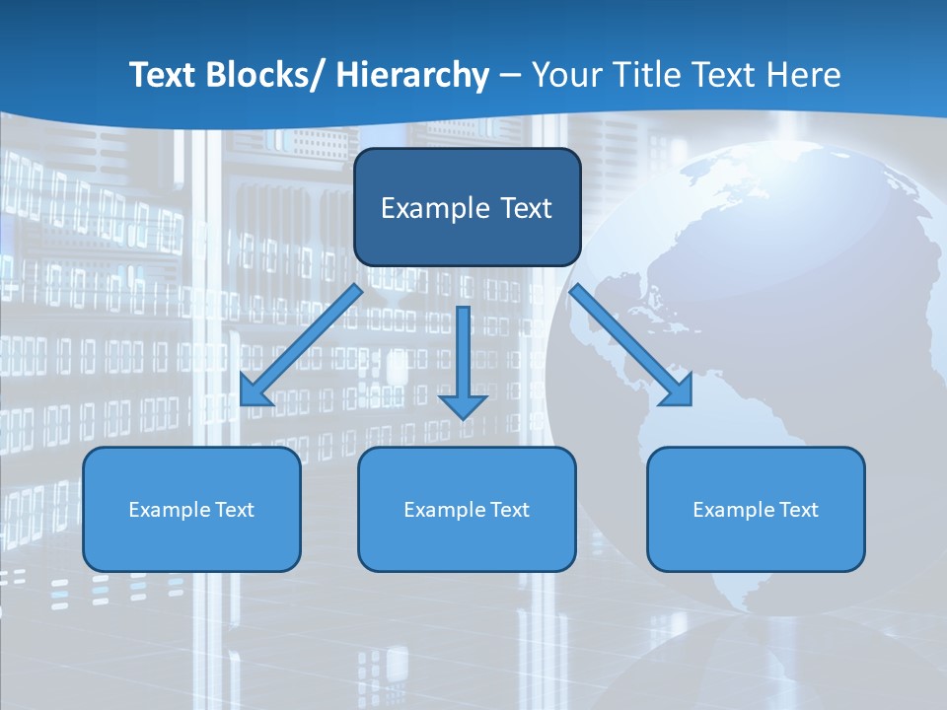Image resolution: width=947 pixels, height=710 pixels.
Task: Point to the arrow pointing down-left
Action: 301,345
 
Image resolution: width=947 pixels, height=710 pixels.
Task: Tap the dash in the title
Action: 510,76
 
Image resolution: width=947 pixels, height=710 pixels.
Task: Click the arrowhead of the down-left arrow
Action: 255,391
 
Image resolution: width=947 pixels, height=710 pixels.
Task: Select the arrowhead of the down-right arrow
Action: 678,390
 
